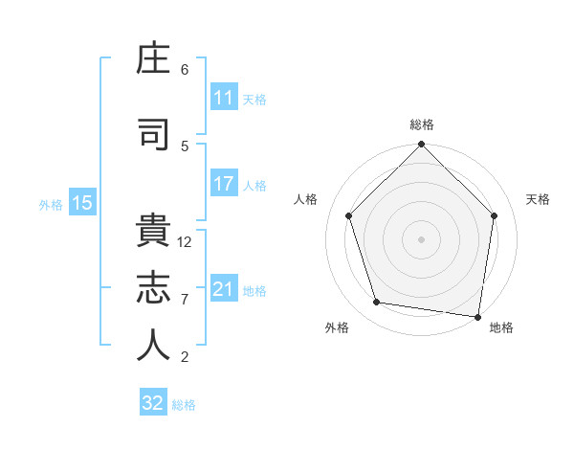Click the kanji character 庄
(x=154, y=60)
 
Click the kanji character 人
(x=154, y=346)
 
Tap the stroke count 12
(x=186, y=242)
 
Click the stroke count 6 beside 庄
(x=185, y=70)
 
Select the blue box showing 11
(x=224, y=98)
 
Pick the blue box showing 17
(x=224, y=185)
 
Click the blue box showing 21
(x=224, y=289)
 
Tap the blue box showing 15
(x=82, y=203)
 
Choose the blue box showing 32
(x=153, y=403)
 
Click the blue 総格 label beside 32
(x=184, y=405)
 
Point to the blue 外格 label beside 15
(x=51, y=204)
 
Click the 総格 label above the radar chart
(x=422, y=124)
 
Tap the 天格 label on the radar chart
(x=539, y=199)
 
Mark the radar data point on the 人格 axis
(x=348, y=215)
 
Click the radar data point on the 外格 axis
(x=377, y=303)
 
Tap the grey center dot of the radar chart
(x=422, y=238)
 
